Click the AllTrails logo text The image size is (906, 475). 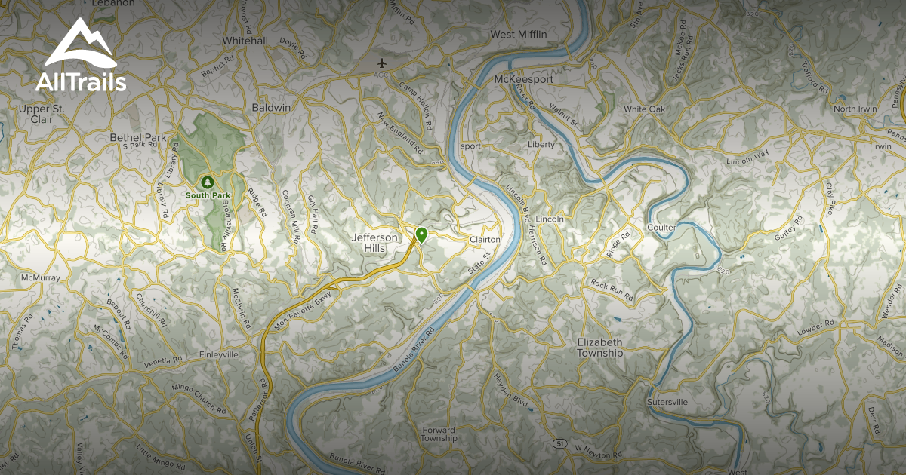coord(81,82)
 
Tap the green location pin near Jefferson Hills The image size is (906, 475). coord(421,234)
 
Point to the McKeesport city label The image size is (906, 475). coord(523,79)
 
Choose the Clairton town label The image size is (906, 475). coord(485,239)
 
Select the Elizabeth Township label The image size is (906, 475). coord(600,348)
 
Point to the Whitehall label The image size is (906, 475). coord(245,41)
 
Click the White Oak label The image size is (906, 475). coord(644,109)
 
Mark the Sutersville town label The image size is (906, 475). coord(667,403)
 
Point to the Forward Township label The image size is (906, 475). coord(439,434)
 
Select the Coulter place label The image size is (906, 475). coord(661,227)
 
